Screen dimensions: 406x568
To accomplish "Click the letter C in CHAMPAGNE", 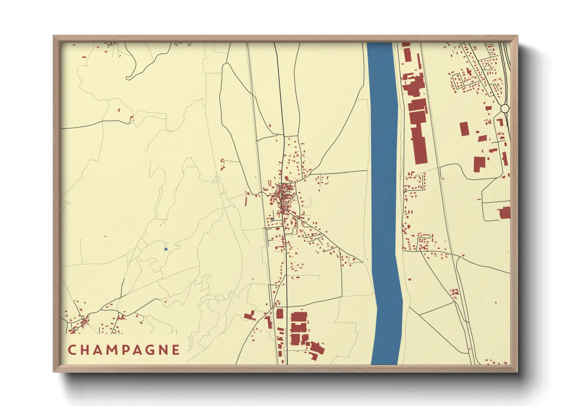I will coord(72,350).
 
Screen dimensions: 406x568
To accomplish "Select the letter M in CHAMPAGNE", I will coord(110,350).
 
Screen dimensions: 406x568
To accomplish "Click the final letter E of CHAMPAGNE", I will coord(176,350).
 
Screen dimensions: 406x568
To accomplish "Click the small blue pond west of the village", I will coord(166,249).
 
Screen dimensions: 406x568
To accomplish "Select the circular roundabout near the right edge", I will coord(505,109).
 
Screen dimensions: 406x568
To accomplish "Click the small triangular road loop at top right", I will coord(487,66).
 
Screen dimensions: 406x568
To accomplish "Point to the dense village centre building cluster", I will coord(284,196).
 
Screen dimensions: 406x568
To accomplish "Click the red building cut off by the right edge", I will coord(505,213).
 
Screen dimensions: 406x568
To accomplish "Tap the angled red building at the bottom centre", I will coord(317,349).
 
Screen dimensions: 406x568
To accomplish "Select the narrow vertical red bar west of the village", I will coord(246,201).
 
